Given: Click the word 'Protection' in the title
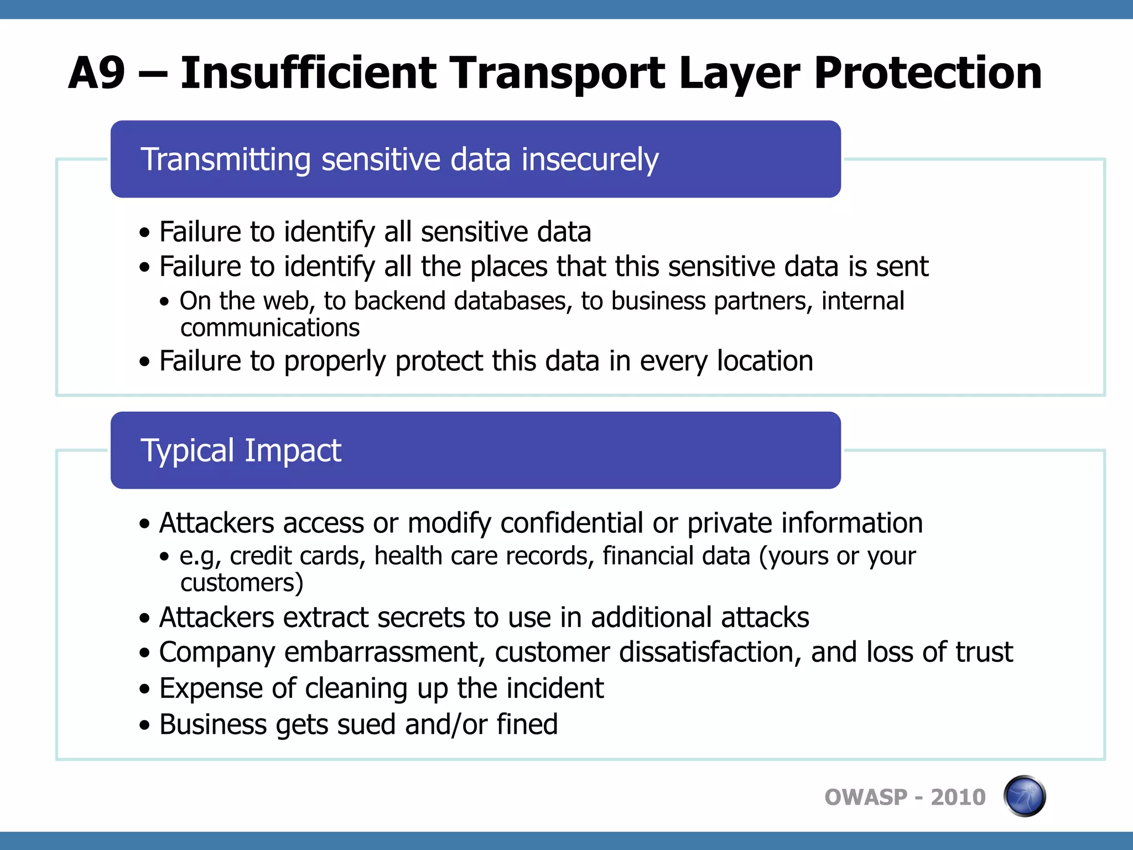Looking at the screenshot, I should click(928, 73).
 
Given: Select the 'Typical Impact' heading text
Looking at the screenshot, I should click(241, 450).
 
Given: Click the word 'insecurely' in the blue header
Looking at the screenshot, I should click(590, 159).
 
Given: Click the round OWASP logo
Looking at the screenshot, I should click(1024, 796).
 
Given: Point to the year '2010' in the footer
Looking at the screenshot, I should click(958, 797).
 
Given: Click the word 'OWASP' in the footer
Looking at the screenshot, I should click(866, 797).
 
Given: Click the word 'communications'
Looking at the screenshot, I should click(270, 328).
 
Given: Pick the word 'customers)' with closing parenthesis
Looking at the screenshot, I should click(242, 583).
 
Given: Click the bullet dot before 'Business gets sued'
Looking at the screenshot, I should click(145, 725).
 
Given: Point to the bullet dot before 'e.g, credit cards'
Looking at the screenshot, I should click(164, 557).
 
